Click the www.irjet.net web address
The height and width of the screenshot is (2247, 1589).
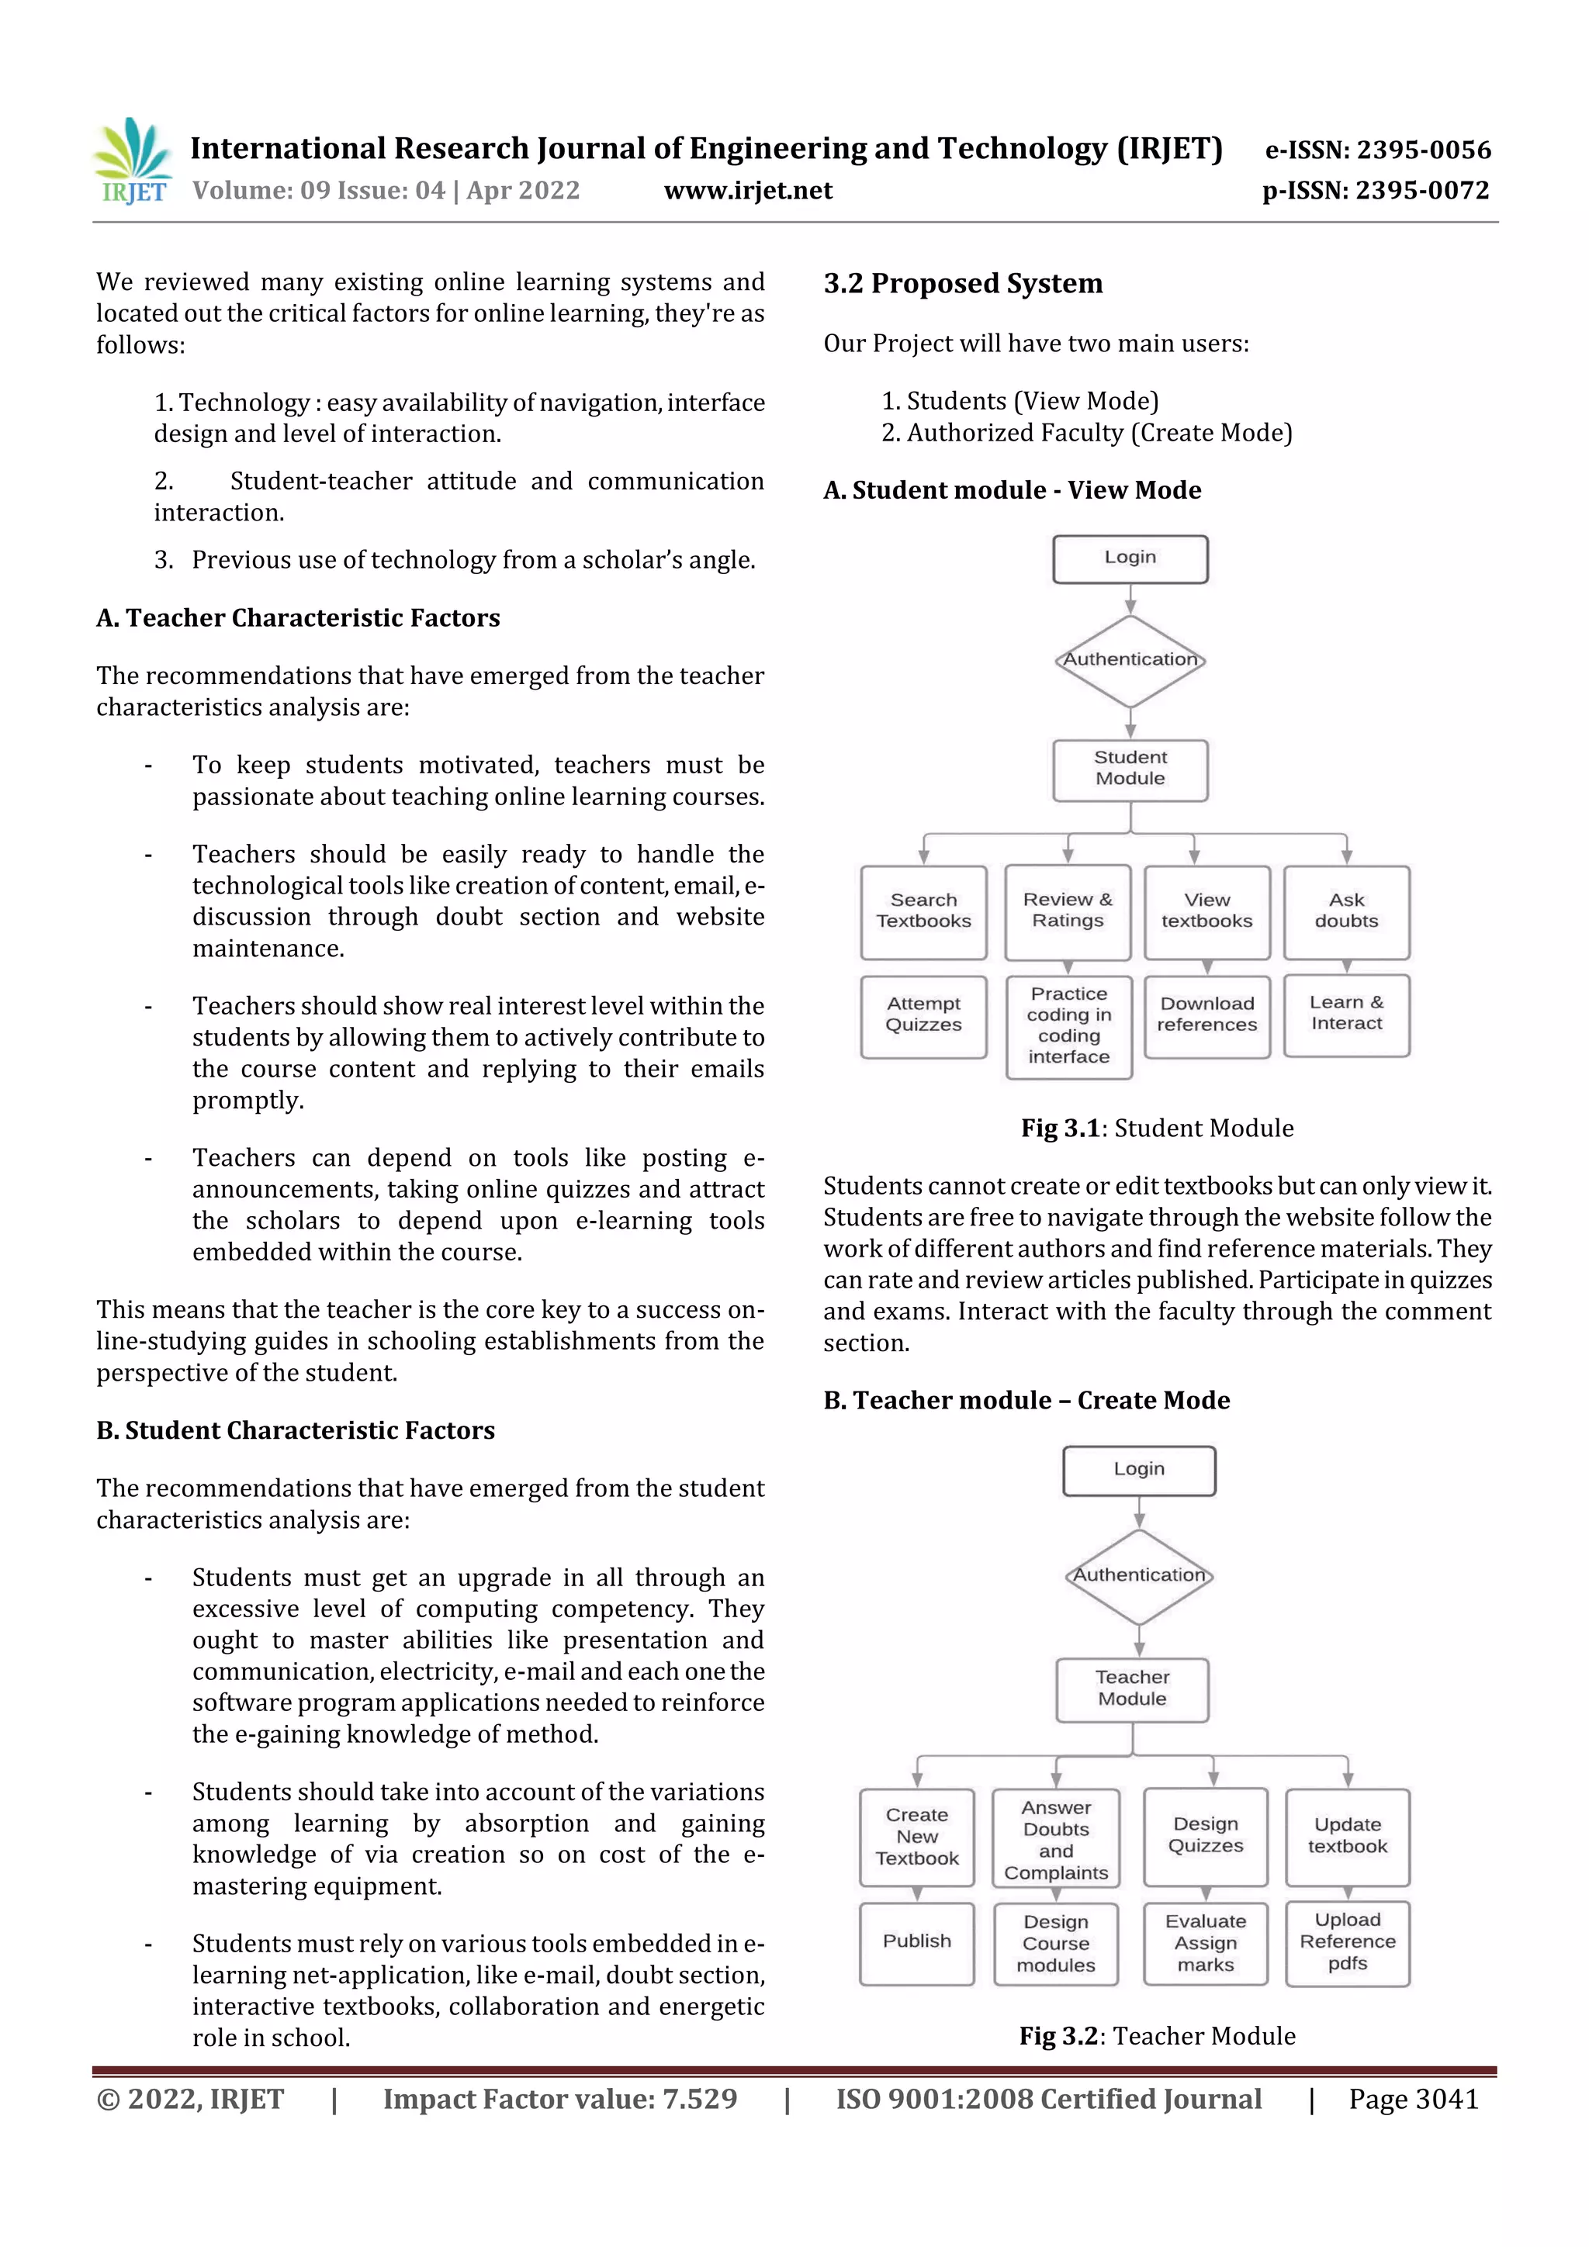tap(748, 191)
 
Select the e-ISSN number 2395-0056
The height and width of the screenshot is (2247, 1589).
tap(1377, 150)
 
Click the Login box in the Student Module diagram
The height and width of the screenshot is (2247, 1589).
tap(1130, 558)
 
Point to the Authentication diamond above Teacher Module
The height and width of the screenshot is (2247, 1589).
tap(1139, 1575)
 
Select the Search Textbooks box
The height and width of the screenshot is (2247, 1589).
tap(923, 911)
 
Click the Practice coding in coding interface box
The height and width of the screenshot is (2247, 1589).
tap(1068, 1025)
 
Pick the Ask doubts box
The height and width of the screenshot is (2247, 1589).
tap(1346, 911)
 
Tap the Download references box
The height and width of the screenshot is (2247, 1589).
tap(1206, 1015)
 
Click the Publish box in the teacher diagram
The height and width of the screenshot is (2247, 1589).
tap(916, 1941)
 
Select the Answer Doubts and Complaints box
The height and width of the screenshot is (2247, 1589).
tap(1055, 1840)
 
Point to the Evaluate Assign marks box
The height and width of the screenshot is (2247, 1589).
tap(1205, 1943)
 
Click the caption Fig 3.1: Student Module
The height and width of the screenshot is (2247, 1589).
tap(1156, 1129)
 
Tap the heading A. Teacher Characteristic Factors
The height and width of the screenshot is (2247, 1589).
tap(298, 618)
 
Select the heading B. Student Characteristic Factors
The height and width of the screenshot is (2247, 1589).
tap(295, 1431)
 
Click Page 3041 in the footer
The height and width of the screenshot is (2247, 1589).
tap(1413, 2099)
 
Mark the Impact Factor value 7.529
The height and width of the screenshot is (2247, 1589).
tap(559, 2099)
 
